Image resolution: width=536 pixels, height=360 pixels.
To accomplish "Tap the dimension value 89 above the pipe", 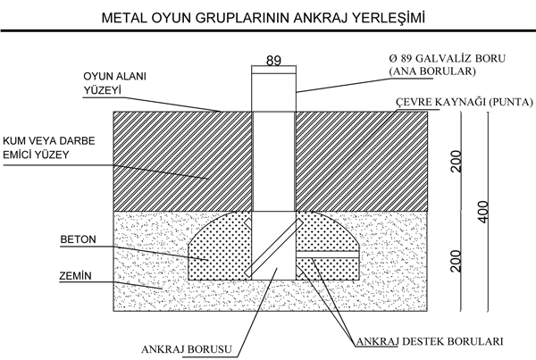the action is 273,61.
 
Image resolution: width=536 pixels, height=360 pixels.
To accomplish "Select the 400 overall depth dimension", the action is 483,212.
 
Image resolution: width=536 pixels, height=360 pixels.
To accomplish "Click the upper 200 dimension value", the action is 456,161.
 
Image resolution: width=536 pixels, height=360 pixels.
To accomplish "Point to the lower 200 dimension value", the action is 456,261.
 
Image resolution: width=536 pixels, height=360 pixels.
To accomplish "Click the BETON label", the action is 79,239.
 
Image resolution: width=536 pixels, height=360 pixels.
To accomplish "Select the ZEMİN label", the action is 76,275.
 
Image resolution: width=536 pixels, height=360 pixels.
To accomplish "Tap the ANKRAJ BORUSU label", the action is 187,349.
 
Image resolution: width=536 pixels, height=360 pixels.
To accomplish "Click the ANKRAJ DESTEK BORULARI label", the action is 430,341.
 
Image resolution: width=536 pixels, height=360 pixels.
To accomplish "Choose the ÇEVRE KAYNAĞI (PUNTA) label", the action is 465,102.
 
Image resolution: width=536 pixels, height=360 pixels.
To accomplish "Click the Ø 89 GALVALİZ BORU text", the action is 448,58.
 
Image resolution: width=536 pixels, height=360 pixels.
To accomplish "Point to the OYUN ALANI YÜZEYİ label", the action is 115,83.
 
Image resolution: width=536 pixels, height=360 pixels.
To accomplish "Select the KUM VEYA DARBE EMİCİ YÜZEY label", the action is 49,147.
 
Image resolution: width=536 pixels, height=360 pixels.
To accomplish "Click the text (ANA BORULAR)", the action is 432,71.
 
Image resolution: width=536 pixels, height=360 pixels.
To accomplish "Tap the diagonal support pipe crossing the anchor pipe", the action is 274,247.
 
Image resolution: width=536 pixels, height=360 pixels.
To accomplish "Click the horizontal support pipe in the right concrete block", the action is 327,255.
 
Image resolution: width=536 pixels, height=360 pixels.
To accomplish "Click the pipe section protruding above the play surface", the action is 274,92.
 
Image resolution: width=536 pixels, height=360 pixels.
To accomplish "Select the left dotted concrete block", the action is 220,247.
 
